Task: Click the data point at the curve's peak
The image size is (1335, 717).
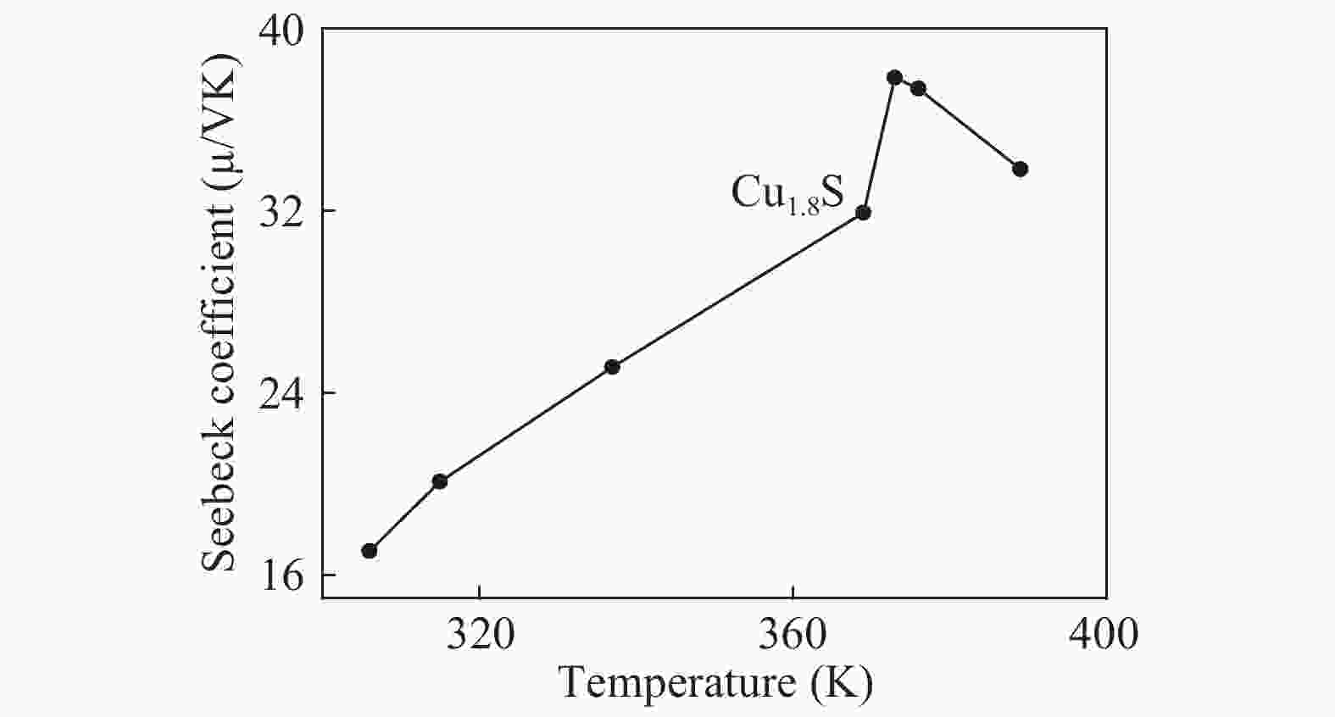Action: pyautogui.click(x=894, y=77)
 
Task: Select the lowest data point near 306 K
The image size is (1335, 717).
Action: pyautogui.click(x=369, y=551)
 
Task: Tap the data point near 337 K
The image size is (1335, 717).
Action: pyautogui.click(x=612, y=367)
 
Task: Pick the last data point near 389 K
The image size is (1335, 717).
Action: pyautogui.click(x=1020, y=169)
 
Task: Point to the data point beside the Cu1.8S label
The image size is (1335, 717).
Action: pyautogui.click(x=863, y=212)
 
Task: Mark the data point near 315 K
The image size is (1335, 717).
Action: pyautogui.click(x=439, y=481)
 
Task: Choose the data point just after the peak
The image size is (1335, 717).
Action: pyautogui.click(x=918, y=88)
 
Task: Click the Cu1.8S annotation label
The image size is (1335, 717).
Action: pyautogui.click(x=787, y=193)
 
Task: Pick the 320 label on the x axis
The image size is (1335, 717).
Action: pyautogui.click(x=480, y=634)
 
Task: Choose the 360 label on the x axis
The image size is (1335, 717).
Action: pyautogui.click(x=793, y=634)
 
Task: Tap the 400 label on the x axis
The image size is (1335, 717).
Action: pyautogui.click(x=1105, y=634)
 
